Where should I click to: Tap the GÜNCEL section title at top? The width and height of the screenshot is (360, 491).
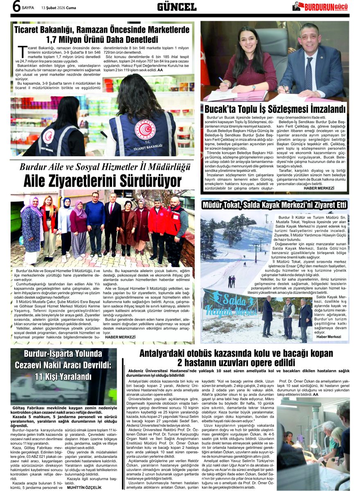click(177, 7)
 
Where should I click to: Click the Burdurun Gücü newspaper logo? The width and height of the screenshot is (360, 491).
click(321, 6)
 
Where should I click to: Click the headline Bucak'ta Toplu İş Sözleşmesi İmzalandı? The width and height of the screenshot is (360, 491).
click(275, 109)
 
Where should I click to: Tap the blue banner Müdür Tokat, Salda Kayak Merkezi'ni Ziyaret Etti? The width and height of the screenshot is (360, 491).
click(274, 204)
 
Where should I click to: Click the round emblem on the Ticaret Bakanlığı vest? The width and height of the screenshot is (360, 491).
click(145, 129)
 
